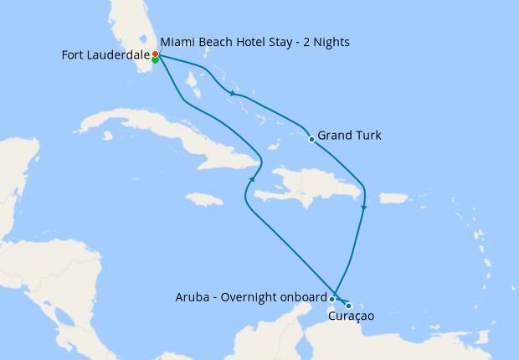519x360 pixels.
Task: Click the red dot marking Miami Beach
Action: tap(156, 54)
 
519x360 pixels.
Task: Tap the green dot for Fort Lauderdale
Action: tap(156, 59)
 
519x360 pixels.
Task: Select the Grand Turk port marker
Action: tap(311, 139)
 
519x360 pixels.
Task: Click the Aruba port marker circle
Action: tap(332, 299)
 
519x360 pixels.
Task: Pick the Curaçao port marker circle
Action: tap(348, 306)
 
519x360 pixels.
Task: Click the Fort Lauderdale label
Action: tap(105, 55)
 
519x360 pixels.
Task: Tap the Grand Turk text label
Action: tap(350, 135)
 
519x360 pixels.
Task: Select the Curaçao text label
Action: tap(352, 316)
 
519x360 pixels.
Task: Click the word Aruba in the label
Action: tap(193, 296)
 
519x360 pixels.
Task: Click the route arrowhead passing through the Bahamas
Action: tap(232, 94)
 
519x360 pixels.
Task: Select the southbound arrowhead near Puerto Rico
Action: tap(363, 207)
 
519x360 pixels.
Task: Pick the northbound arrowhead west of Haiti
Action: tap(252, 177)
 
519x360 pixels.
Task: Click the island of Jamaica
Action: tap(204, 199)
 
